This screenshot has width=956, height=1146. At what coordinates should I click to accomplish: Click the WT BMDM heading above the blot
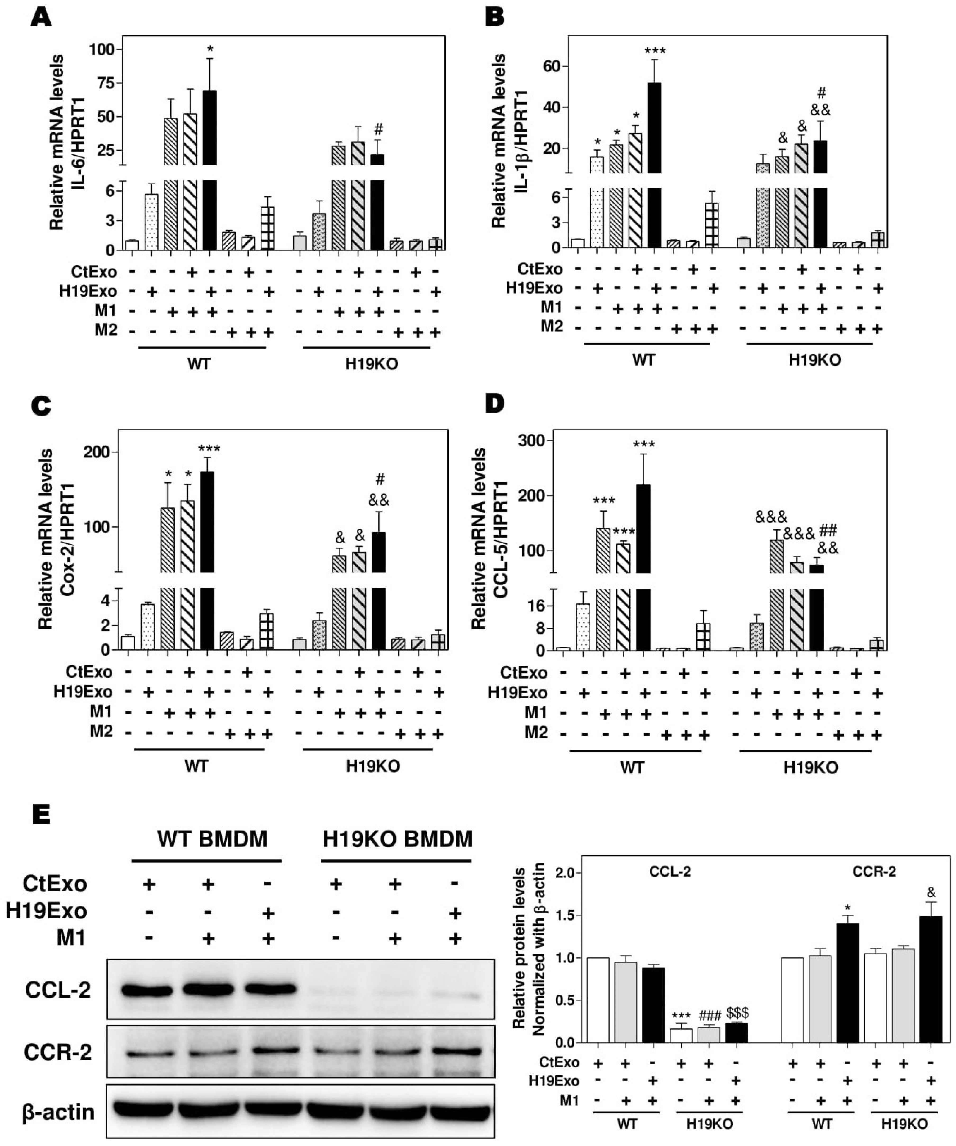[x=212, y=839]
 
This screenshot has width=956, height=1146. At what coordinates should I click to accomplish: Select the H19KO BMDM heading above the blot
[x=397, y=839]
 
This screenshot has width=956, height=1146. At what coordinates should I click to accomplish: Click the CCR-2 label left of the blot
[x=58, y=1052]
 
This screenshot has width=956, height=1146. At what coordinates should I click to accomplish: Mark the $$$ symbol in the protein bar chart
[x=737, y=1013]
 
